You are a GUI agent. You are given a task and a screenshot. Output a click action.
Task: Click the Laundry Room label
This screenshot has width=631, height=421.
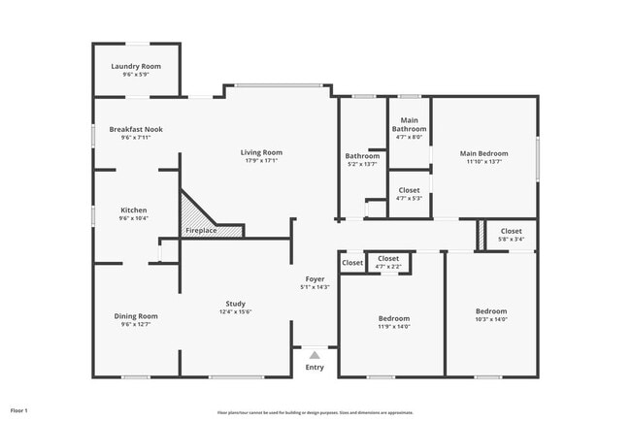135,66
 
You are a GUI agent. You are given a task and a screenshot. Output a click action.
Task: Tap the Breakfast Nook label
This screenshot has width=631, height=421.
136,129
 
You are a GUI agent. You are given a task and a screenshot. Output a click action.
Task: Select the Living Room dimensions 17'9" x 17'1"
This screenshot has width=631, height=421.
262,161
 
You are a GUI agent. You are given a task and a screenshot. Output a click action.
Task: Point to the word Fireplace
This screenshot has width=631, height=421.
202,231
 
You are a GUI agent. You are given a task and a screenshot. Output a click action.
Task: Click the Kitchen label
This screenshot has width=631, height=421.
134,210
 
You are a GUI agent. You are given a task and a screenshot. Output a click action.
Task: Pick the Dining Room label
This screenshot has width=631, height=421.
135,315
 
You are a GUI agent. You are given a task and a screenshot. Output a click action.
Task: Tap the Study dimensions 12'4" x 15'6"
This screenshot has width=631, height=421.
235,311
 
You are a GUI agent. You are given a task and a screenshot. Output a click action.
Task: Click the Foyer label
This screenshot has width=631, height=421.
315,278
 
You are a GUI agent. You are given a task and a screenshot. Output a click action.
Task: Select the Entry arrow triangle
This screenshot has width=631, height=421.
315,355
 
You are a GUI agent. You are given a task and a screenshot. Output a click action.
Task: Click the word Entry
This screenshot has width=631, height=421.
315,368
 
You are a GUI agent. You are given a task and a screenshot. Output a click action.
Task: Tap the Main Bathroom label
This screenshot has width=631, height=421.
409,124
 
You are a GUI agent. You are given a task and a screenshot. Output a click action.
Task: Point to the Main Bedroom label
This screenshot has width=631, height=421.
483,153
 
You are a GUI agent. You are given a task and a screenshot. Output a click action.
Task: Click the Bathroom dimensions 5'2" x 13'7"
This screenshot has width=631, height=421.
362,164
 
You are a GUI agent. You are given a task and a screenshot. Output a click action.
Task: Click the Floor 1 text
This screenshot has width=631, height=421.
19,410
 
